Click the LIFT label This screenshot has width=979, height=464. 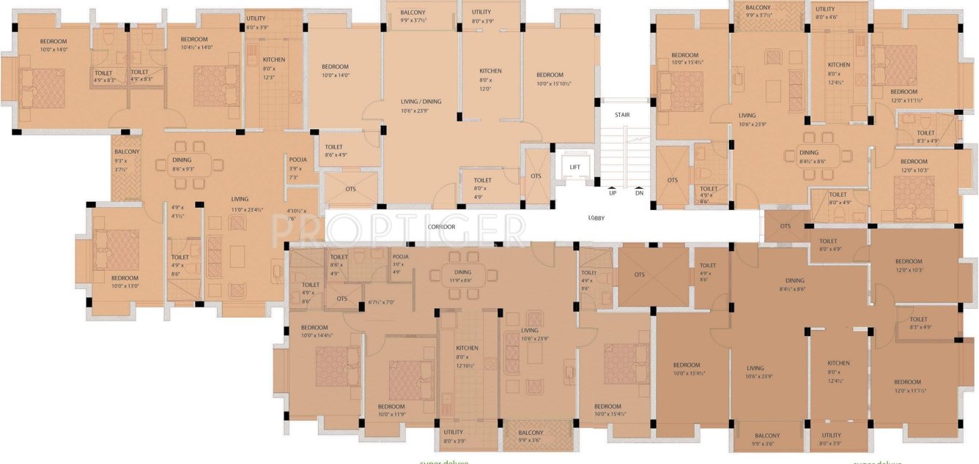(x=575, y=168)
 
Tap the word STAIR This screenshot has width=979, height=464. (x=621, y=115)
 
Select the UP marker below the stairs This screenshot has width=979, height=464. (x=612, y=193)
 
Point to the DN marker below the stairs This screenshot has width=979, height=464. (x=639, y=193)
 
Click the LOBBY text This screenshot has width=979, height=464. (x=596, y=218)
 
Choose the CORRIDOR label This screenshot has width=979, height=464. (x=442, y=227)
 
